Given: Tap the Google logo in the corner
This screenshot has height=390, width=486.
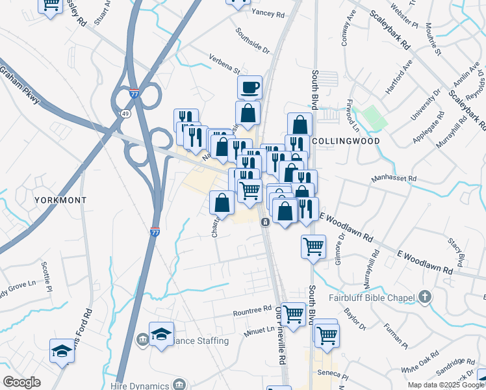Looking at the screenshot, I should [22, 382].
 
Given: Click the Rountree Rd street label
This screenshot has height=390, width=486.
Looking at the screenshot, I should [252, 311].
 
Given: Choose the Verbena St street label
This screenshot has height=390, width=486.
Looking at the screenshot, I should [224, 65].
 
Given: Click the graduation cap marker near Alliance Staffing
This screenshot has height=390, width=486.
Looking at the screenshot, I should [161, 334].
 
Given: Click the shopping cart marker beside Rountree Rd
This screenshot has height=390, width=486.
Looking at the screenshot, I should [294, 315].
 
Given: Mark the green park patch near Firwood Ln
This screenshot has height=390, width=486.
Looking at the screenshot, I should [374, 117].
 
